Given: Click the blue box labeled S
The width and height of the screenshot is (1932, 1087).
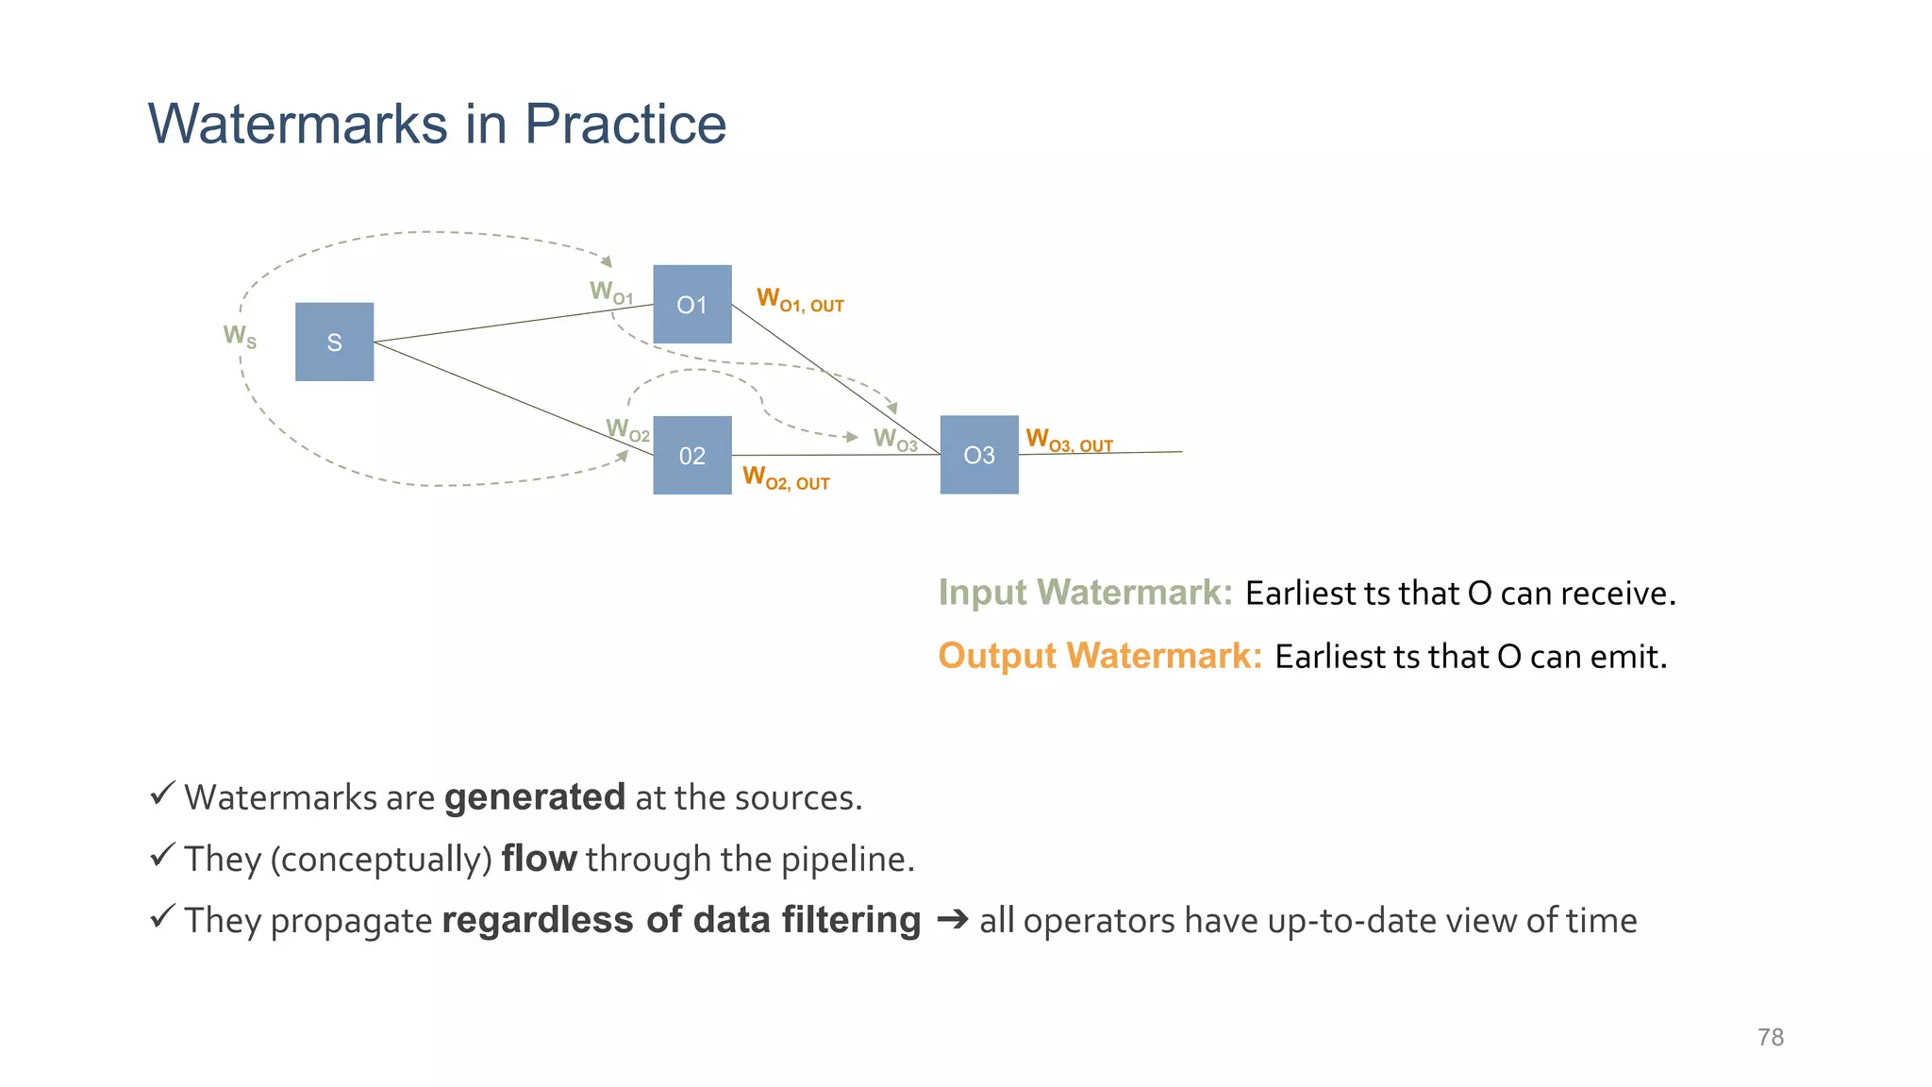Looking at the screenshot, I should tap(334, 342).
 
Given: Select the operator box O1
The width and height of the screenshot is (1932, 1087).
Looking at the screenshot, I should tap(691, 304).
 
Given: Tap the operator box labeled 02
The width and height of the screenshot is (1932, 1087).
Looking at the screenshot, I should tap(691, 455).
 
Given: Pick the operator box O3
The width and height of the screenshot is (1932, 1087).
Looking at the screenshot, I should tap(978, 455).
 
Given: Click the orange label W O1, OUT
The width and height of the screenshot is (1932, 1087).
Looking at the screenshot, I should tap(800, 301).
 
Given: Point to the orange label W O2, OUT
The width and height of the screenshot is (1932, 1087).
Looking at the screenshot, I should tap(786, 478).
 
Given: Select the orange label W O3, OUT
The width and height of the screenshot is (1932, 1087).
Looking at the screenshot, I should tap(1069, 441).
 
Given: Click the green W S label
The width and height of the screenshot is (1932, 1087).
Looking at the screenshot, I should tap(240, 336).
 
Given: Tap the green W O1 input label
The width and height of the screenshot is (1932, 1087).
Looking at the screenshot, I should tap(611, 293).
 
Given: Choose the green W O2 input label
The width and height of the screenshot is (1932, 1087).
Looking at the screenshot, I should tap(627, 430).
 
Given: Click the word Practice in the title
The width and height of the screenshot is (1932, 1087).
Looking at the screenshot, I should tap(625, 124).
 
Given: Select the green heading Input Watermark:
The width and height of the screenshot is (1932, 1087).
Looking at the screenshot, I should tap(1085, 593).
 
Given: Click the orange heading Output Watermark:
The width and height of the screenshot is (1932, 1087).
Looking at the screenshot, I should tap(1099, 656).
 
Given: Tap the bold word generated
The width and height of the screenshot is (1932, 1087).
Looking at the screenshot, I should tap(534, 798).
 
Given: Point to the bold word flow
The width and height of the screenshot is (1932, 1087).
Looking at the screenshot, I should tap(539, 860).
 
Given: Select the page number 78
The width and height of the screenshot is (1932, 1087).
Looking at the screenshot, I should tap(1770, 1037).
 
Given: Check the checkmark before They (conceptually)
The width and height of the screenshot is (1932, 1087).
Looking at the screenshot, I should tap(162, 855).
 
